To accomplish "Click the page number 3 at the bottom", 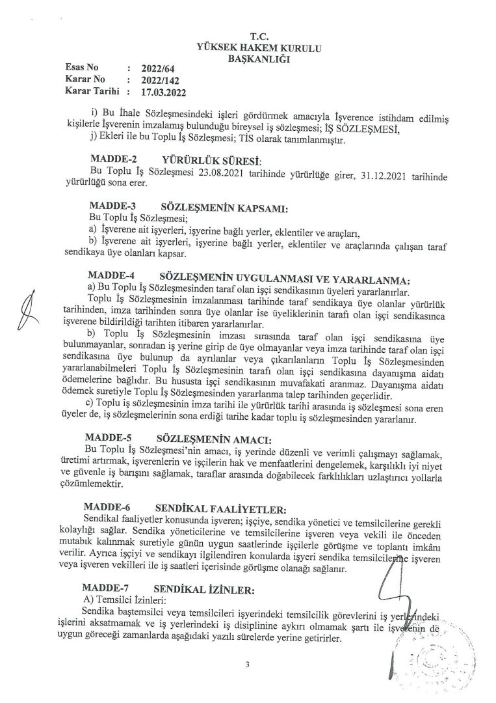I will (x=248, y=665).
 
